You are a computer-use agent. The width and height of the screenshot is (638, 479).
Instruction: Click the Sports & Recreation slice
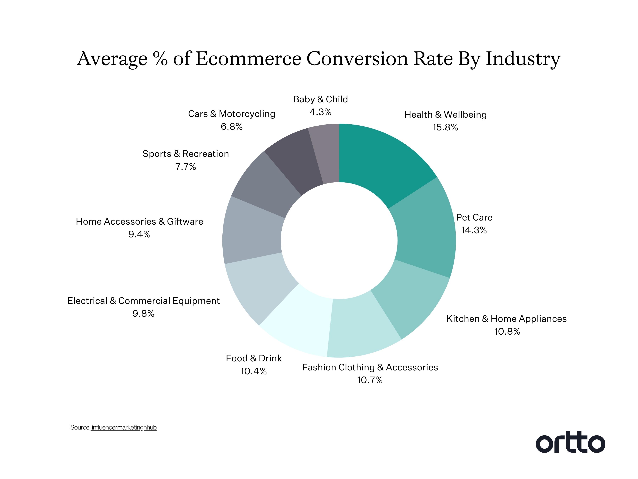coord(265,185)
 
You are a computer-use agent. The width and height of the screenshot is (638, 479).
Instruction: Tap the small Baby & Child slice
coord(327,153)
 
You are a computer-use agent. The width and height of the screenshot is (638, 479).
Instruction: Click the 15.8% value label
coord(445,127)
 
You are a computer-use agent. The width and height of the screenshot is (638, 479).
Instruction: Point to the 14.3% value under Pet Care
coord(474,230)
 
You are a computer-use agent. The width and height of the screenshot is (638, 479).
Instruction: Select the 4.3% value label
coord(320,112)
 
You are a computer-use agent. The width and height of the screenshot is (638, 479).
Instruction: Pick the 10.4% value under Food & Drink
coord(254,371)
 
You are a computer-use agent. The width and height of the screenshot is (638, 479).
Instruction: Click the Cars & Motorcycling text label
coord(232,114)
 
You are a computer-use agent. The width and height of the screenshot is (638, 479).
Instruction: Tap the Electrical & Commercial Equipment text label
coord(143,301)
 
